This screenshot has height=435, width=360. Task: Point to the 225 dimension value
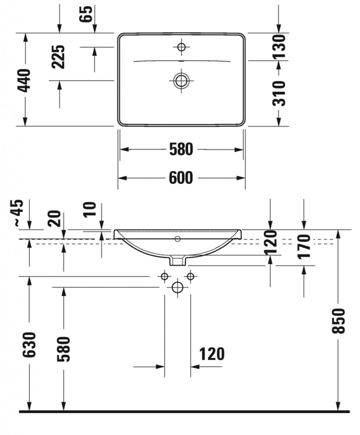59,57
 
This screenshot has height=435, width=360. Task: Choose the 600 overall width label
181,178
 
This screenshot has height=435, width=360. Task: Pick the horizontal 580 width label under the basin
181,149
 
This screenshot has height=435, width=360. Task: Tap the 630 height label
29,345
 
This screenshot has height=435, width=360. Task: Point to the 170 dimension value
304,246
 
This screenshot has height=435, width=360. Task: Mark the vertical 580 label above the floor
63,349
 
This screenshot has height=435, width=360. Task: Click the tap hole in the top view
181,47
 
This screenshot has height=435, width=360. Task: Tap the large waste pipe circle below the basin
177,288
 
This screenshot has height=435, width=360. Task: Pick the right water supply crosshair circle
191,277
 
